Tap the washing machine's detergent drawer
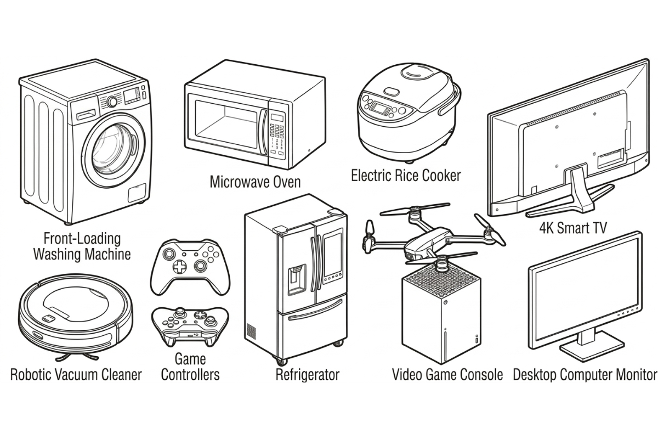point(85,115)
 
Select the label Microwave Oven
point(255,182)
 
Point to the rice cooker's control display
point(378,106)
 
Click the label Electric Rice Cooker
point(406,176)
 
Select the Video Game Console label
point(447,375)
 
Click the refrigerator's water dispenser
point(297,277)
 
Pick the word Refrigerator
point(307,375)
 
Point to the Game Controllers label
point(190,367)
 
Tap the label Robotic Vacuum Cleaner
point(76,375)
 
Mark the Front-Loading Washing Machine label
point(82,246)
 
